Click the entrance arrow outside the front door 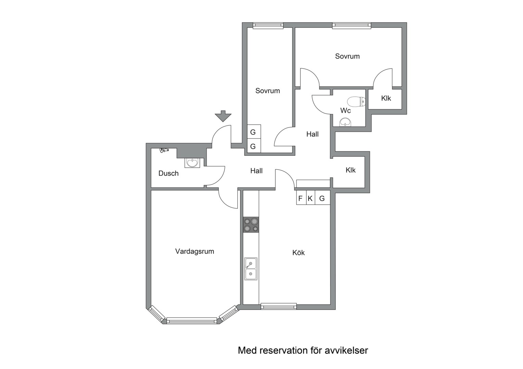click(223, 116)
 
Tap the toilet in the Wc click(357, 101)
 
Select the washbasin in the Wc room click(345, 122)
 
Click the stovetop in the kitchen click(251, 225)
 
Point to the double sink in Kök click(251, 269)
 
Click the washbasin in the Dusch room click(192, 163)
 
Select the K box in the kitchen click(310, 198)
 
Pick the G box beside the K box click(322, 198)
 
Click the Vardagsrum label click(194, 251)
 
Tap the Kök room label click(298, 253)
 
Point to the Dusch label click(168, 174)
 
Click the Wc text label click(345, 110)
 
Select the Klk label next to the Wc click(386, 98)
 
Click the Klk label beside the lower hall click(350, 170)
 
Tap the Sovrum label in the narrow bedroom click(268, 91)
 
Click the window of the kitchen click(279, 306)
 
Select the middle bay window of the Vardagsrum click(191, 321)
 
